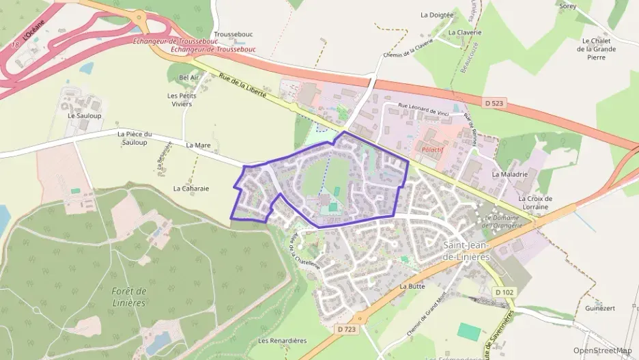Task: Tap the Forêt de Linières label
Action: (130, 296)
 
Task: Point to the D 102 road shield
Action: (504, 292)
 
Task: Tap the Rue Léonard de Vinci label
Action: (427, 108)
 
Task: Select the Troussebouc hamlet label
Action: (233, 34)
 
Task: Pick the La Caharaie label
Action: (190, 188)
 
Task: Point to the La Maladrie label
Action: (510, 174)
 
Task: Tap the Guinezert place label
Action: (600, 308)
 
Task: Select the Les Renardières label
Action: (282, 340)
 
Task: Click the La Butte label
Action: (412, 286)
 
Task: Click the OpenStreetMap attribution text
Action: (602, 350)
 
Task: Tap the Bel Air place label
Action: (188, 78)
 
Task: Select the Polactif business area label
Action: (425, 147)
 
